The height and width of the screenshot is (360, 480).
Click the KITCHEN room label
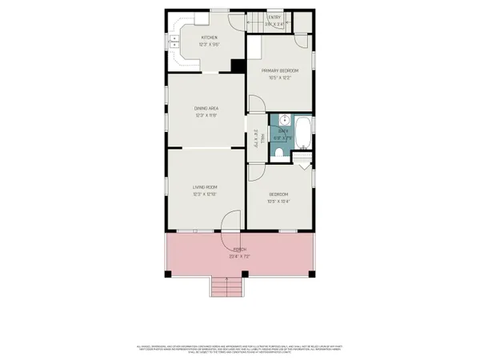point(209,38)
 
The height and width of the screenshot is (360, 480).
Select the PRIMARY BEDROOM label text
point(278,70)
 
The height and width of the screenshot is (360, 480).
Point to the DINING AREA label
point(206,108)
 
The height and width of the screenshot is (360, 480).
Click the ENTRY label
point(274,17)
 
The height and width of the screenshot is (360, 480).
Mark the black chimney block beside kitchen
point(237,66)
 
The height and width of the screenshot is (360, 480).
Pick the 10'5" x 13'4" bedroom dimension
point(278,201)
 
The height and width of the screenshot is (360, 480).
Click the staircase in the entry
point(254,22)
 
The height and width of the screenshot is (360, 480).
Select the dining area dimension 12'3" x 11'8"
point(206,115)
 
